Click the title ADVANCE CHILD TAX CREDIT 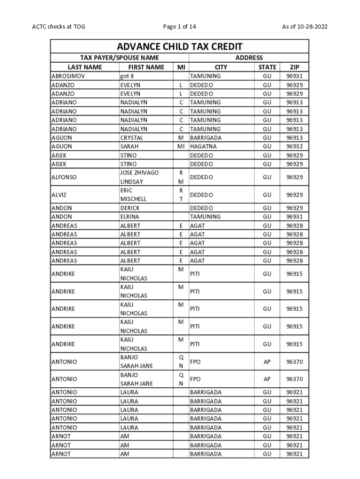tap(180, 46)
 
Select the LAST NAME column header tap(85, 67)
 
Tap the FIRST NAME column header tap(146, 67)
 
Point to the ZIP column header tap(294, 67)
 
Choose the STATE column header tap(267, 67)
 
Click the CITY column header tap(221, 67)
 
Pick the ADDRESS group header tap(249, 58)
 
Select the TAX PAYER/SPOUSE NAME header tap(120, 58)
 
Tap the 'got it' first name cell tap(127, 76)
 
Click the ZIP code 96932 tap(294, 146)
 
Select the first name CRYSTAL tap(131, 138)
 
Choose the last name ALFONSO tap(64, 177)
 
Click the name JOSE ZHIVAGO tap(139, 173)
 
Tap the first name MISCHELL tap(133, 199)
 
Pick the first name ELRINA tap(130, 217)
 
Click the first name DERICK tap(130, 208)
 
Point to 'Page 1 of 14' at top tap(180, 27)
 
